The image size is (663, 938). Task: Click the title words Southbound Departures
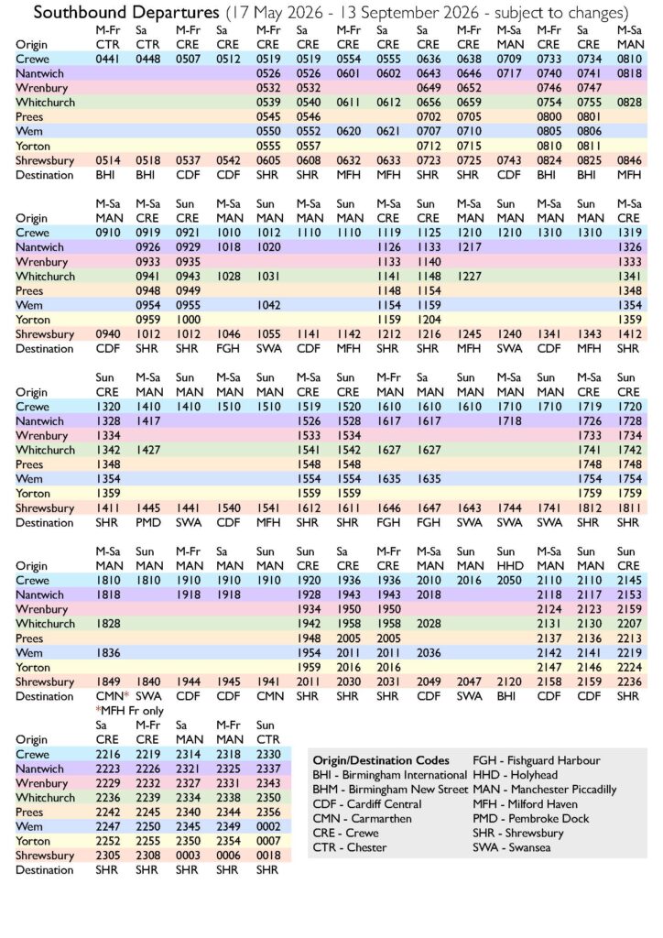tap(115, 13)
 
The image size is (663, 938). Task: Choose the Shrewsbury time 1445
tap(149, 508)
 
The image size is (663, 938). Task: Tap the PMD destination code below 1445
tap(149, 523)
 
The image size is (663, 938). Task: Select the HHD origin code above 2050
tap(509, 566)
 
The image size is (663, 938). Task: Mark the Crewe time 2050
tap(509, 581)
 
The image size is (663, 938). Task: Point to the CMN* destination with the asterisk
tap(111, 695)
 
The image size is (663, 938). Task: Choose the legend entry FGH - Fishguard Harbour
tap(536, 760)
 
